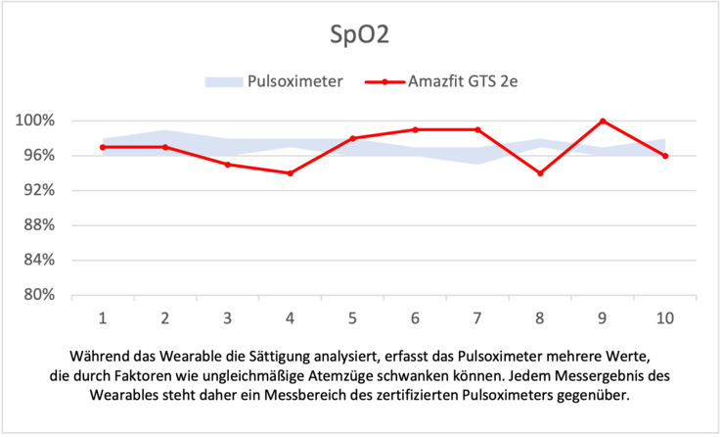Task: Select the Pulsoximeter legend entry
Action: pos(294,81)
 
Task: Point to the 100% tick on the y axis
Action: pos(35,121)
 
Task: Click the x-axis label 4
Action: pos(291,317)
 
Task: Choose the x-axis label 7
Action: pos(477,317)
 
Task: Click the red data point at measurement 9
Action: pos(603,121)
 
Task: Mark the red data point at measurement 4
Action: pos(291,173)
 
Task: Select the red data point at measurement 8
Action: pos(540,173)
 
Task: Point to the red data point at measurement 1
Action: pos(103,147)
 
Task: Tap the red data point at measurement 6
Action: pos(415,129)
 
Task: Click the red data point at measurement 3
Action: pos(228,165)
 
